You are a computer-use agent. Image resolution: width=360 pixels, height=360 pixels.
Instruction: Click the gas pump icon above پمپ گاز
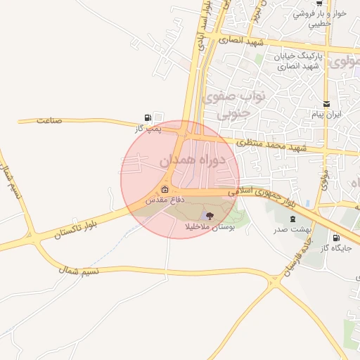click(147, 118)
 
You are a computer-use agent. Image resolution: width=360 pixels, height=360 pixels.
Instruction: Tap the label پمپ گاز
click(148, 129)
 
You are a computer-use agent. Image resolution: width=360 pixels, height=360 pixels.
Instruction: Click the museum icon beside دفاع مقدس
click(165, 189)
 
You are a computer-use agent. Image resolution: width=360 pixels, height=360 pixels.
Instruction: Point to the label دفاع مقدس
click(165, 200)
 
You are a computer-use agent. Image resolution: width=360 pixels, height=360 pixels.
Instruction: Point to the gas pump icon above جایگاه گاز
click(335, 238)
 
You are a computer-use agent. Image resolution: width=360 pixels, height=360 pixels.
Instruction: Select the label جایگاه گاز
click(335, 249)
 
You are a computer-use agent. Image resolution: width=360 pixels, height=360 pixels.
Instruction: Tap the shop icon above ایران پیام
click(326, 103)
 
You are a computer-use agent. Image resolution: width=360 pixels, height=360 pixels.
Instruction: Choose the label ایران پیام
click(326, 114)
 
